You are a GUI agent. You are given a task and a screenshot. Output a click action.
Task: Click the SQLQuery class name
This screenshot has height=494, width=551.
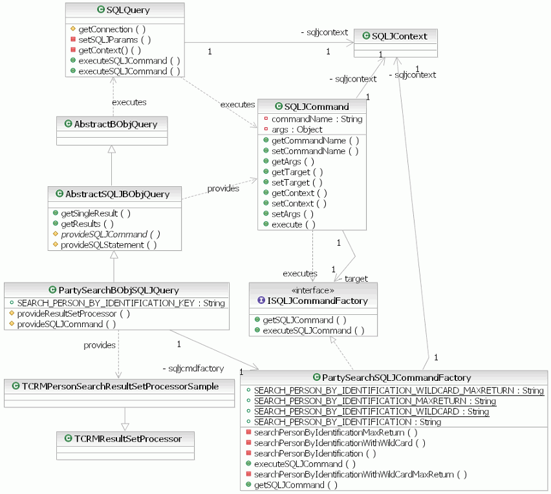pyautogui.click(x=129, y=10)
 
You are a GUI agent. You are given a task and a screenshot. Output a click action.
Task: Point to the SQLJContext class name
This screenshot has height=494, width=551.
pyautogui.click(x=399, y=36)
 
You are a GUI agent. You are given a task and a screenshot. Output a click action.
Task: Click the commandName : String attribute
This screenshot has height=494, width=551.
pyautogui.click(x=316, y=119)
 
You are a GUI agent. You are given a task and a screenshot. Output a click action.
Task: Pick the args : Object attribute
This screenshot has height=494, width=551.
pyautogui.click(x=296, y=129)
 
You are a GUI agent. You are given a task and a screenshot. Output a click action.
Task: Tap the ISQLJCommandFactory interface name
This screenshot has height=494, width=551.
pyautogui.click(x=317, y=301)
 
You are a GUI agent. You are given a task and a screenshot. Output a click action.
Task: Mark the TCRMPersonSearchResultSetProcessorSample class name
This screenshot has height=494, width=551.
pyautogui.click(x=120, y=386)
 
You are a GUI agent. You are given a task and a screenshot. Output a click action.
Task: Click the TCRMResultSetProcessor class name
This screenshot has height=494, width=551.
pyautogui.click(x=127, y=438)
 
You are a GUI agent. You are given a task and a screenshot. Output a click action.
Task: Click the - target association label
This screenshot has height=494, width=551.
pyautogui.click(x=354, y=279)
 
